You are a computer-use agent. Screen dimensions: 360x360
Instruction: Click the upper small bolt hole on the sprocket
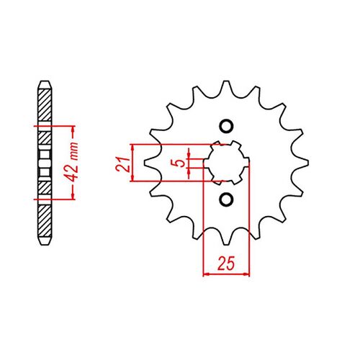click(225, 127)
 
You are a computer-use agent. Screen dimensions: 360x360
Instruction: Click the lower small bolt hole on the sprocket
click(225, 198)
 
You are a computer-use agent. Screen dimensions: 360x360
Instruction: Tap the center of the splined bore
click(226, 163)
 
